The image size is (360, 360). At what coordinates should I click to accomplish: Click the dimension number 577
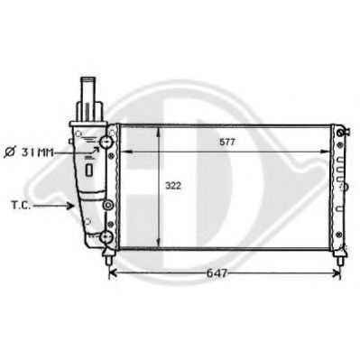coord(227,141)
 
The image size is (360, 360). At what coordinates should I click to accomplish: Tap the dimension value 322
coord(172,186)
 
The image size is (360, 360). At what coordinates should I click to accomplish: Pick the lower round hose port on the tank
coord(107,237)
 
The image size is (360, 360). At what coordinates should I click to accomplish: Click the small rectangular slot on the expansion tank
coord(90,169)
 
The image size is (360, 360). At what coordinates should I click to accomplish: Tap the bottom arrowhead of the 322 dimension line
coord(160,245)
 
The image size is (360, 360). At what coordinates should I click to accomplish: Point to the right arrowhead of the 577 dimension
coord(327,151)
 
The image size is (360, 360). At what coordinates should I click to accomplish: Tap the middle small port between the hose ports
coord(107,205)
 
